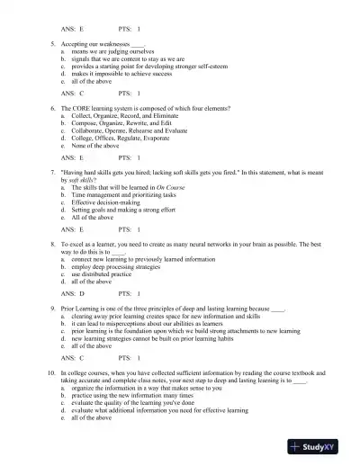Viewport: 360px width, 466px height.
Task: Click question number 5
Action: click(52, 43)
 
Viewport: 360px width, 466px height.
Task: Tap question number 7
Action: click(52, 171)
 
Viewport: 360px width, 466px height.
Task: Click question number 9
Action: click(52, 307)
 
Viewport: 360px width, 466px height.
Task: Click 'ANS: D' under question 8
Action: click(72, 292)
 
